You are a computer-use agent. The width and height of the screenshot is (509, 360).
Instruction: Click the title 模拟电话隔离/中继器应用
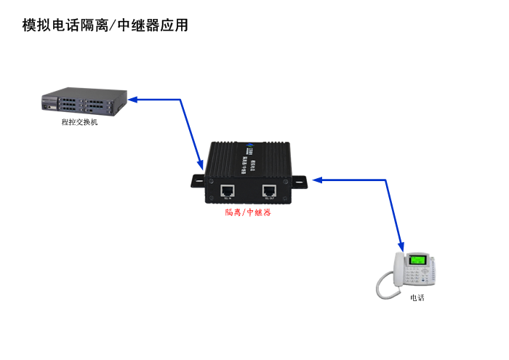105,25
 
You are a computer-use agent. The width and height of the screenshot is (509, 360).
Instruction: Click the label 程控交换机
79,122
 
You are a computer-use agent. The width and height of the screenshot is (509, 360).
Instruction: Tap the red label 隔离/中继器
248,212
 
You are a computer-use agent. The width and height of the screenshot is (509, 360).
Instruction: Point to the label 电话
417,297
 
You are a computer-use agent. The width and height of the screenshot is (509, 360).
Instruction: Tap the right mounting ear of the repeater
300,181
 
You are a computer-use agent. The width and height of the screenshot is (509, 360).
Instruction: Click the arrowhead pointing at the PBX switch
133,99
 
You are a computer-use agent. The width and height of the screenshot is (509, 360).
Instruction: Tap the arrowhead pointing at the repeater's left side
201,167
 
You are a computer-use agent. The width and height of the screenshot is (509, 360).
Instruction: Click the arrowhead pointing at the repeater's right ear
317,179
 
